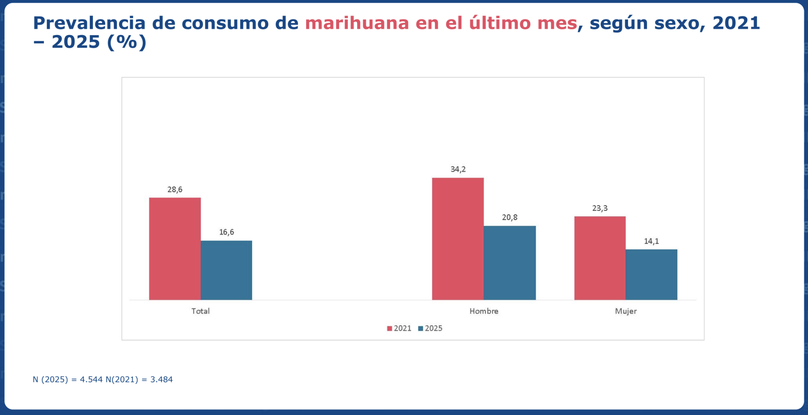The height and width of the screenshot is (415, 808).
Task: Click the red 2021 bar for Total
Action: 175,249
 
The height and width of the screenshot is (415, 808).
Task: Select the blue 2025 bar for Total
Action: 226,270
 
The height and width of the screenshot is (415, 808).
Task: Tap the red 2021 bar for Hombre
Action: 458,239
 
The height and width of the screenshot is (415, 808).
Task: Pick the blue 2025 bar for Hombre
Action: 509,263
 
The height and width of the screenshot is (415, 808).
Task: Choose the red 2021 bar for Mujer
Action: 600,258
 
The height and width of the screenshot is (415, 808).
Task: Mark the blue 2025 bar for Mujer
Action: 651,274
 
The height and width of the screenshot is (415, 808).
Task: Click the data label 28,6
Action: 175,189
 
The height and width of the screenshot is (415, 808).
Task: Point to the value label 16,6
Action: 226,232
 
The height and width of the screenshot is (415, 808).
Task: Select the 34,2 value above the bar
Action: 458,169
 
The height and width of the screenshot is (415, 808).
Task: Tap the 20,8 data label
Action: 509,217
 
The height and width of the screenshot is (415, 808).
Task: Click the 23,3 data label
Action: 600,208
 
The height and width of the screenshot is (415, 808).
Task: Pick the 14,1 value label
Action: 651,241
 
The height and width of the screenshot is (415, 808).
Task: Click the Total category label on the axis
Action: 200,311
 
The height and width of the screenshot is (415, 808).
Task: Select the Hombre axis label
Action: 484,311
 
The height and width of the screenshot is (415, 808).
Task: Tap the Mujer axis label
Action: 626,311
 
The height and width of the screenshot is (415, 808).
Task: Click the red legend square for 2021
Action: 389,328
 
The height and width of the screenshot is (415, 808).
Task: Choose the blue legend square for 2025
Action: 420,328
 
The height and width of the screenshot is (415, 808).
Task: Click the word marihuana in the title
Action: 357,23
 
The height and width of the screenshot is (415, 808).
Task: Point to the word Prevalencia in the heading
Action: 89,23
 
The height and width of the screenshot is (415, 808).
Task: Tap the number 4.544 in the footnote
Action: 91,379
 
